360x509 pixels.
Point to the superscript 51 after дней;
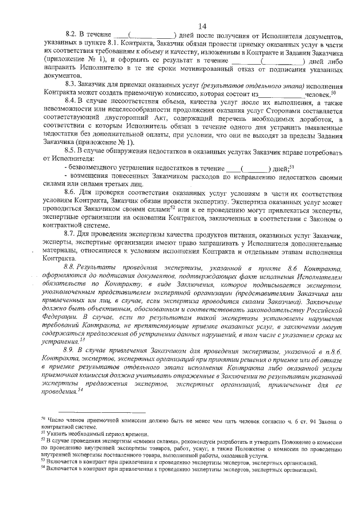pyautogui.click(x=292, y=166)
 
